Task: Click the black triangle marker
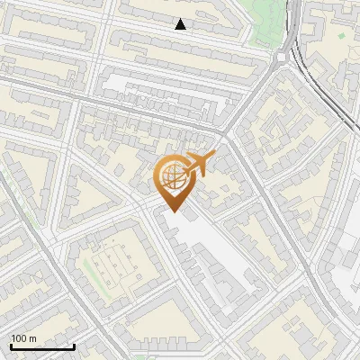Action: point(181,24)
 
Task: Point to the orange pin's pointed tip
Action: point(172,212)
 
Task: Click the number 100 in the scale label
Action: point(20,338)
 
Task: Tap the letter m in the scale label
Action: point(34,338)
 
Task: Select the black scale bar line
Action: point(42,347)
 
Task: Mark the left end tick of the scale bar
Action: point(11,346)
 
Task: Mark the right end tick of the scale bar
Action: point(74,346)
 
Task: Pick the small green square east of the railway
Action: point(341,35)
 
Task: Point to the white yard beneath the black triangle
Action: point(153,85)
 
